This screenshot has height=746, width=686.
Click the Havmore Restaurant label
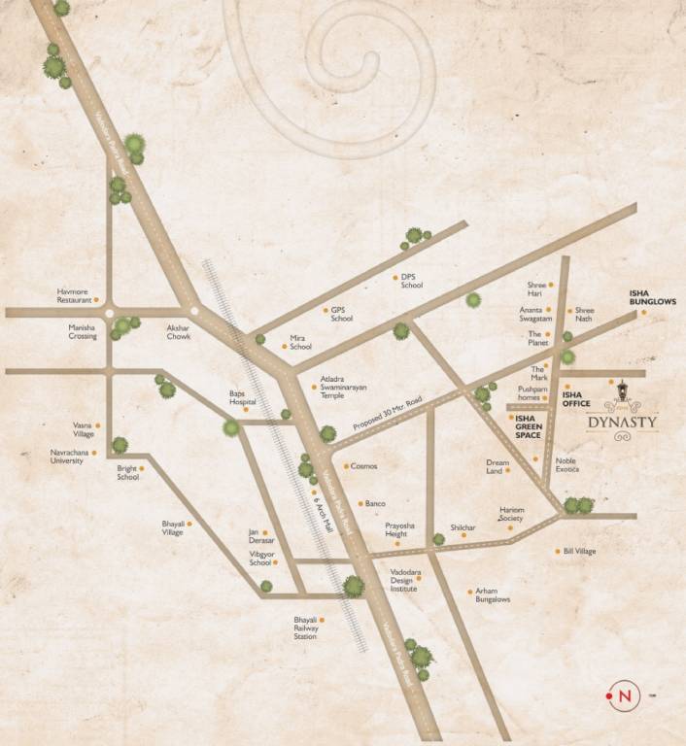pyautogui.click(x=74, y=295)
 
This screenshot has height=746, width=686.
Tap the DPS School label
pyautogui.click(x=412, y=281)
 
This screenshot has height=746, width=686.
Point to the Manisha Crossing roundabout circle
pyautogui.click(x=110, y=313)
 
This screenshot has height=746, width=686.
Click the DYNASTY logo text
pyautogui.click(x=623, y=423)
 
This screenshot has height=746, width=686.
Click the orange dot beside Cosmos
pyautogui.click(x=344, y=466)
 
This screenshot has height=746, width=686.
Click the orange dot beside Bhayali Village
pyautogui.click(x=189, y=524)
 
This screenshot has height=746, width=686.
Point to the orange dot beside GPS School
pyautogui.click(x=326, y=311)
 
